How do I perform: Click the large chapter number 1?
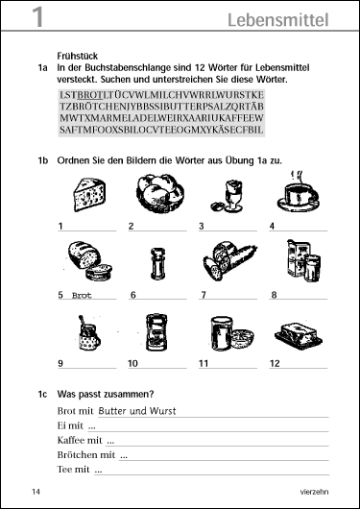coord(37,17)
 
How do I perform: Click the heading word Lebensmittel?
coord(278,20)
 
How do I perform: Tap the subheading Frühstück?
coord(77,56)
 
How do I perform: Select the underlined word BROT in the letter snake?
coord(90,95)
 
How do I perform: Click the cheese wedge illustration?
coord(89,194)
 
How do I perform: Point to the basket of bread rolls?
coord(159,193)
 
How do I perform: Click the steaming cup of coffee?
coord(298,193)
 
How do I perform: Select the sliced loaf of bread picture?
coord(90,261)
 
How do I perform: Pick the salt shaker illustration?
coord(157,263)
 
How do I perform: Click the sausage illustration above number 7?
coord(229,261)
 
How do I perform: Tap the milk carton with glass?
coord(303,260)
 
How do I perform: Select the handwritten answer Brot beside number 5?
coord(82,296)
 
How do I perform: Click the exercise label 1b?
coord(43,160)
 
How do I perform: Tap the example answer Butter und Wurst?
coord(136,411)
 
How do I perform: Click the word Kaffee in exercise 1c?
coord(70,440)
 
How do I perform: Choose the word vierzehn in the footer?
coord(314,492)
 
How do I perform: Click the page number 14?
coord(36,492)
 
